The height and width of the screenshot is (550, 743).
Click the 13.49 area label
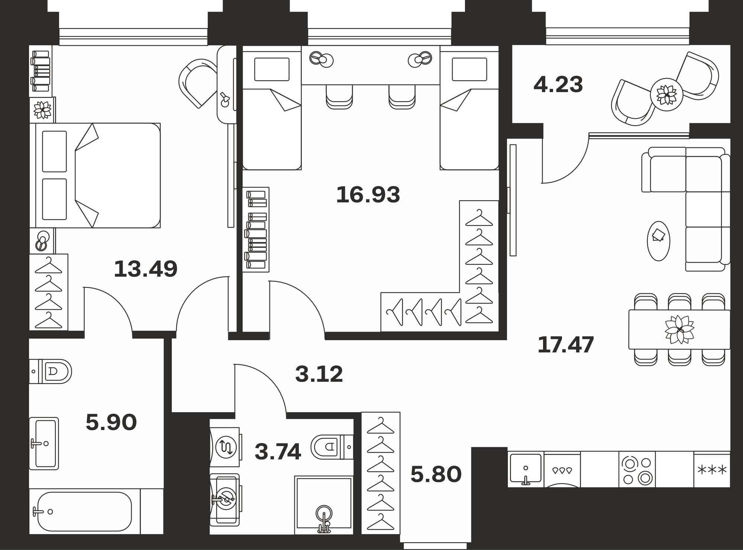point(146,269)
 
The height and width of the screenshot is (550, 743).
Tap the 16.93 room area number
point(368,195)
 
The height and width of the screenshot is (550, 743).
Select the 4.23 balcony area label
point(558,84)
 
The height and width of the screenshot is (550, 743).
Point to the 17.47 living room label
point(566,345)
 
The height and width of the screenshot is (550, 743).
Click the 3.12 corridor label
point(319,374)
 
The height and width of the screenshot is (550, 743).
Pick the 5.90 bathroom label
point(111,422)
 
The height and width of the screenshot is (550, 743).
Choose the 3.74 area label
point(278,452)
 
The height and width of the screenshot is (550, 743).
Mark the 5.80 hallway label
point(436,474)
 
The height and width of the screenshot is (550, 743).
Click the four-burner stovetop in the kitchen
point(637,469)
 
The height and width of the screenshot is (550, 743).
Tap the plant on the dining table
point(679,329)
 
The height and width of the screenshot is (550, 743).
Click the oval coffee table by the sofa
point(659,241)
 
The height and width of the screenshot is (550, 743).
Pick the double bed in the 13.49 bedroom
point(95,175)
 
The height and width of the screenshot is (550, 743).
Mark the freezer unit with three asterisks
point(712,469)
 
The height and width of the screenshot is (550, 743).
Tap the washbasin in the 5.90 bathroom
point(44,443)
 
